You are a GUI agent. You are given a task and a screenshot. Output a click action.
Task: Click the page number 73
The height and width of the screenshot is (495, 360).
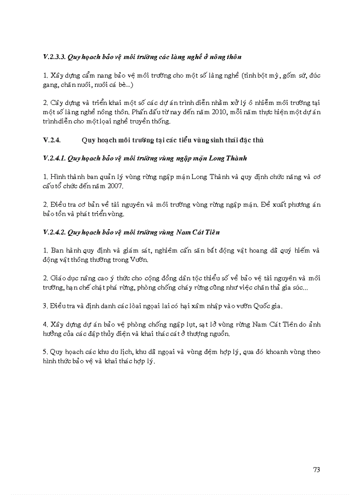(x=316, y=469)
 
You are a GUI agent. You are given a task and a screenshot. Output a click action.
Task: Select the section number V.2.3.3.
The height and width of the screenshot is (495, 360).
(x=54, y=57)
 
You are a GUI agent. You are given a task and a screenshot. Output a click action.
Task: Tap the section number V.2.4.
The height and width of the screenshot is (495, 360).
(x=51, y=140)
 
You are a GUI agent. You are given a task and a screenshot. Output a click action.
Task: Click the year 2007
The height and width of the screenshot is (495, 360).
(x=116, y=186)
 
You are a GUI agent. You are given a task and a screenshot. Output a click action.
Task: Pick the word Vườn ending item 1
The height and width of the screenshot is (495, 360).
(x=139, y=260)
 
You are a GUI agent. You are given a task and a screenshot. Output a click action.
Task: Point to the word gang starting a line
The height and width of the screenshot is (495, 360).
(x=50, y=85)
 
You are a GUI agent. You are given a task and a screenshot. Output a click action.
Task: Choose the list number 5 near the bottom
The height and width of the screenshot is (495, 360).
(x=45, y=352)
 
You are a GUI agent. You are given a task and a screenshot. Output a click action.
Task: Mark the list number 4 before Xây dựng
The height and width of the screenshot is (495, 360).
(x=45, y=324)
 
